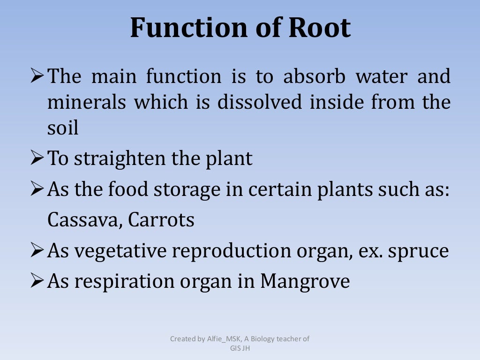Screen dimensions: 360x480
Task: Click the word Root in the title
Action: [319, 28]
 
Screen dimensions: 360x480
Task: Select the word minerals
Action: [87, 102]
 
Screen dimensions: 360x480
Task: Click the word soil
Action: [63, 127]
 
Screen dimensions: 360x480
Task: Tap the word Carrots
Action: [162, 219]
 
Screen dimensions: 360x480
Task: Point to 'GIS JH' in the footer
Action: [240, 348]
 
